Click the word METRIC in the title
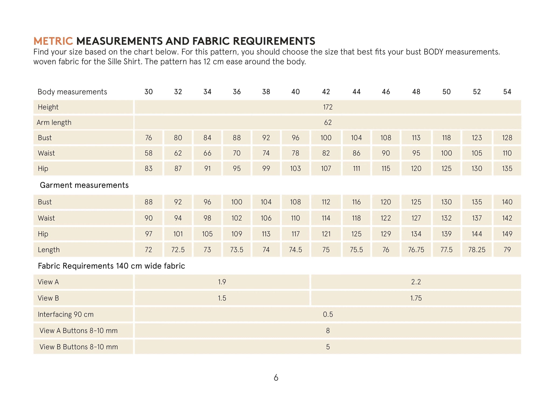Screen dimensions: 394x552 (53, 41)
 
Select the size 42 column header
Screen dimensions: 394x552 (326, 92)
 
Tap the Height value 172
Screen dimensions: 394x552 (328, 107)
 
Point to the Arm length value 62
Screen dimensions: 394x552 (328, 123)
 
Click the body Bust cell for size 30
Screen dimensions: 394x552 (149, 138)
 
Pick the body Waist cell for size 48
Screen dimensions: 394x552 (416, 153)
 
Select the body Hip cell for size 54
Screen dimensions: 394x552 (507, 169)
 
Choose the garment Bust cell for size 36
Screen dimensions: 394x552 (237, 202)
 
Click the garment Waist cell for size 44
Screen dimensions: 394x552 (356, 218)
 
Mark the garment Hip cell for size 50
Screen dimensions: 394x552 (446, 234)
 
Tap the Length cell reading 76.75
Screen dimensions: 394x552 (416, 250)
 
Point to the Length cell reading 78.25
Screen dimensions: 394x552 (477, 250)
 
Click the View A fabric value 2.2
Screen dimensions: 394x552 (416, 282)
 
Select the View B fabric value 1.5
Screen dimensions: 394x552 (222, 298)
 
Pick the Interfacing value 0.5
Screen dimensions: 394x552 (328, 314)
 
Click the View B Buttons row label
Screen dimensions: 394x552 (78, 347)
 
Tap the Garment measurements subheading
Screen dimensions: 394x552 (84, 185)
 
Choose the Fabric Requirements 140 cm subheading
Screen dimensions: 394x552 (111, 266)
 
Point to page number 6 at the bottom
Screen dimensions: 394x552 (276, 378)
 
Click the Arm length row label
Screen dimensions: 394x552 (54, 123)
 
